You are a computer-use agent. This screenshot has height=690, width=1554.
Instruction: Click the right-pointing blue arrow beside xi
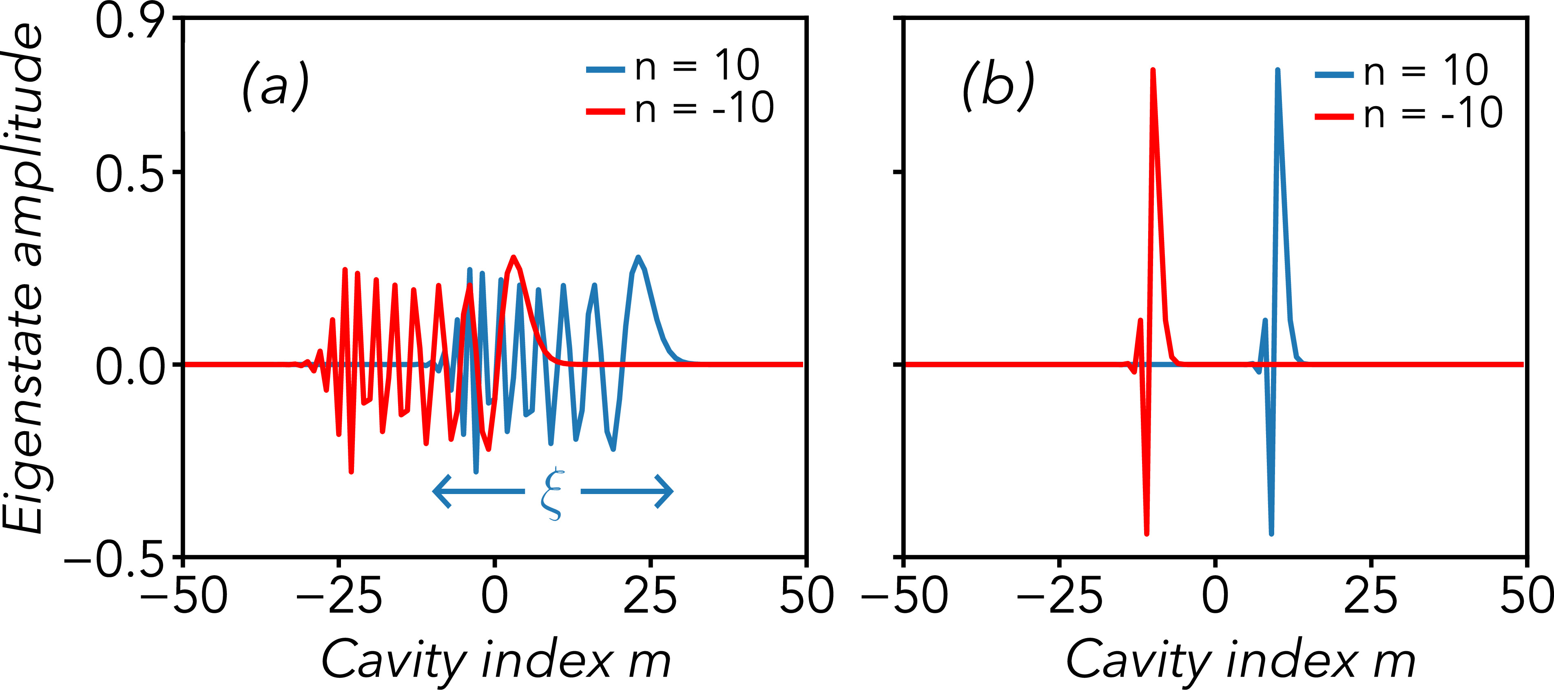627,491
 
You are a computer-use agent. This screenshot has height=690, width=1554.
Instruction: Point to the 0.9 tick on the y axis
130,21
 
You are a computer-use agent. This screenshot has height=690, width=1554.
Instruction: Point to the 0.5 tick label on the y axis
130,175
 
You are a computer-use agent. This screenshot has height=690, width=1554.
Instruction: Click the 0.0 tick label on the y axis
130,367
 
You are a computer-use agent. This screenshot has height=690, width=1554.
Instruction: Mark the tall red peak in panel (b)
1153,71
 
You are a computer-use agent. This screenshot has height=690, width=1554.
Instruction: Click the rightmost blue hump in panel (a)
638,258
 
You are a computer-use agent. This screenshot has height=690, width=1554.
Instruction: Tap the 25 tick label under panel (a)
650,595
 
